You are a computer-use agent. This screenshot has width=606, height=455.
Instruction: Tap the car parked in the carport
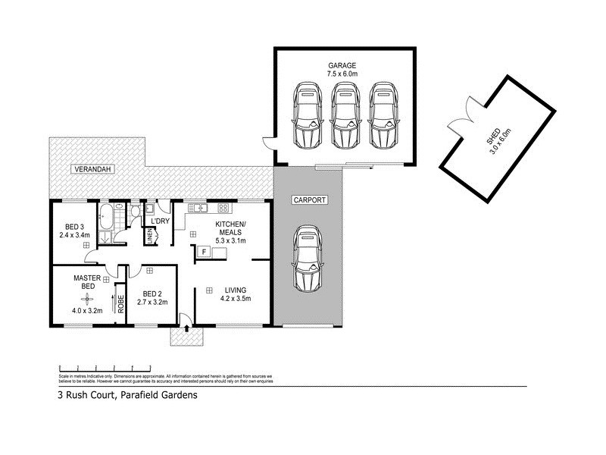pyautogui.click(x=308, y=258)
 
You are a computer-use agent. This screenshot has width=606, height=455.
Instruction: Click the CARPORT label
pyautogui.click(x=308, y=200)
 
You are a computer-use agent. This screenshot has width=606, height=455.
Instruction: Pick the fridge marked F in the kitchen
pyautogui.click(x=204, y=251)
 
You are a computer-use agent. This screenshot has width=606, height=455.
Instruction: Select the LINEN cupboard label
pyautogui.click(x=149, y=237)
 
